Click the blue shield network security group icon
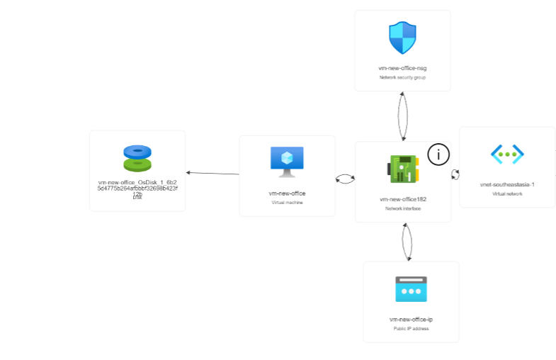(402, 38)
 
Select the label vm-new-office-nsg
(402, 68)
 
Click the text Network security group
(402, 77)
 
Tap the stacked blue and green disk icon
(137, 158)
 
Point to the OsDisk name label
(137, 188)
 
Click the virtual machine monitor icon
(287, 162)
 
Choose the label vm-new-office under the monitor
(287, 193)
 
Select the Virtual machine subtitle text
(287, 202)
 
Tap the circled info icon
(439, 154)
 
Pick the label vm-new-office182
(402, 199)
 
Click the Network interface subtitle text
(402, 208)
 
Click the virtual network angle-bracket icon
(507, 154)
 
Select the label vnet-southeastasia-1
(507, 184)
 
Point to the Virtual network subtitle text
(507, 193)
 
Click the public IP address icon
(411, 289)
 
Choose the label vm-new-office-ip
(411, 320)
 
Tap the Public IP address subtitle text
(411, 328)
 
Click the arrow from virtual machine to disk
(212, 173)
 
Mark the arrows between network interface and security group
(403, 116)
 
